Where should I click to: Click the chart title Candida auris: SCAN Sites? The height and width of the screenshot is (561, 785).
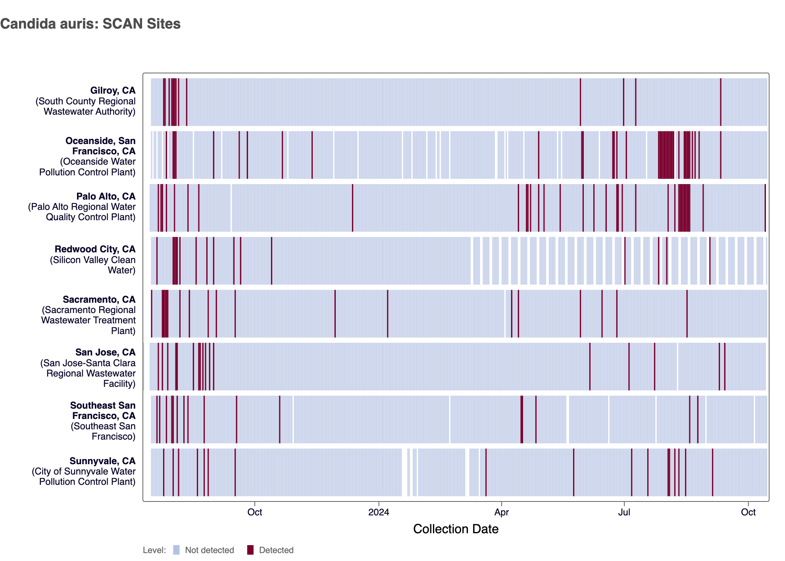pyautogui.click(x=90, y=24)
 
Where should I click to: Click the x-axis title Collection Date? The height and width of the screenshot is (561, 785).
pyautogui.click(x=456, y=529)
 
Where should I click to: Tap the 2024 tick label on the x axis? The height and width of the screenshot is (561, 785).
pyautogui.click(x=379, y=512)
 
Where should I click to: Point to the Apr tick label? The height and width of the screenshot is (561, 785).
pyautogui.click(x=501, y=512)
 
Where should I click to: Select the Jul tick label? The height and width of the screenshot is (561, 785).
pyautogui.click(x=624, y=512)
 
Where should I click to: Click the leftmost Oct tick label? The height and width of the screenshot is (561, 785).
pyautogui.click(x=254, y=512)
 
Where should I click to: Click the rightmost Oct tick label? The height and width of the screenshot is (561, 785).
pyautogui.click(x=748, y=512)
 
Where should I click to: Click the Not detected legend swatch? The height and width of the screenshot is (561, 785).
pyautogui.click(x=177, y=550)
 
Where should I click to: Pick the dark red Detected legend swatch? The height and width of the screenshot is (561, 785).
pyautogui.click(x=250, y=550)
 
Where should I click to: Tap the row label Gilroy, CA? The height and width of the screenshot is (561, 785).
pyautogui.click(x=113, y=91)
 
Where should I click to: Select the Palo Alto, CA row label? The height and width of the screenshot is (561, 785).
pyautogui.click(x=106, y=196)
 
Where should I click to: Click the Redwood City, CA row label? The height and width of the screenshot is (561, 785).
pyautogui.click(x=95, y=249)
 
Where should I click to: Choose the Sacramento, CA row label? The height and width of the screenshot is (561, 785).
pyautogui.click(x=99, y=300)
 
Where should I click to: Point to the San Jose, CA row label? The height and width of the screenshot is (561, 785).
pyautogui.click(x=105, y=352)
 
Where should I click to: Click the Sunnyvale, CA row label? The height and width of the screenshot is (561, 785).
pyautogui.click(x=102, y=461)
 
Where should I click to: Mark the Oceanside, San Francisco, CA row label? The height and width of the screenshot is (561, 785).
pyautogui.click(x=100, y=146)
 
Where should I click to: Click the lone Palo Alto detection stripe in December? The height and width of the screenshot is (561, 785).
pyautogui.click(x=352, y=207)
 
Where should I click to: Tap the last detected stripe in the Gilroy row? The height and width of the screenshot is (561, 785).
pyautogui.click(x=721, y=102)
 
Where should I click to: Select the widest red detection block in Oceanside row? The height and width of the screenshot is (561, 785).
pyautogui.click(x=666, y=155)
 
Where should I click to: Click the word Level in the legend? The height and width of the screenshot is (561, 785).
pyautogui.click(x=154, y=550)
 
